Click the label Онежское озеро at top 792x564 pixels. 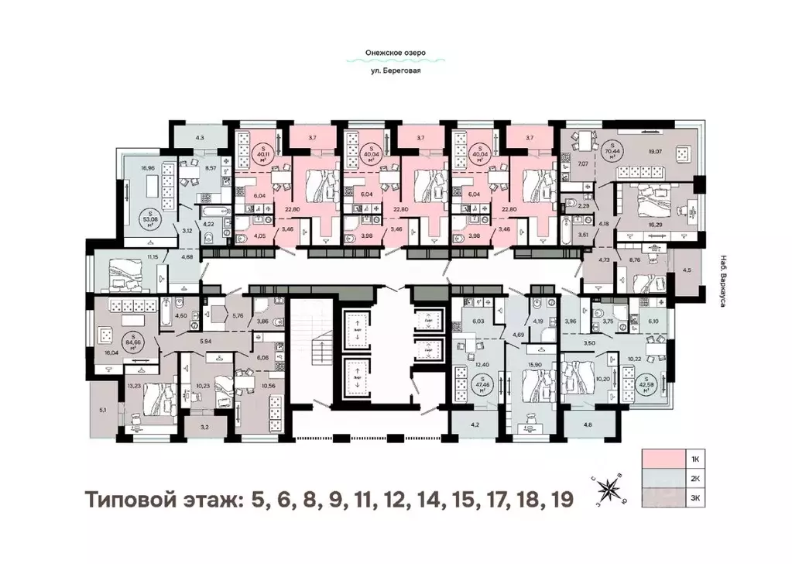coord(396,54)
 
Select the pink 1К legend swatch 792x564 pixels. coord(663,459)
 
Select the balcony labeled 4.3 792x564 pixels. coord(200,138)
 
